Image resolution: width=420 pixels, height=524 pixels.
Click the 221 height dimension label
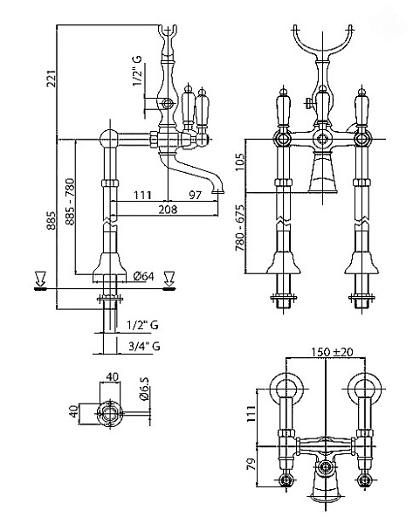(52, 78)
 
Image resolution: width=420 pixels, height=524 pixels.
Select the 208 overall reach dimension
(168, 210)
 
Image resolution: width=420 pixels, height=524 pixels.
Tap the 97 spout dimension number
(195, 195)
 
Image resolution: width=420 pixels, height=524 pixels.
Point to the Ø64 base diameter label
(144, 276)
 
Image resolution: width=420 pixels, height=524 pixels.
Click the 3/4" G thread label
(144, 346)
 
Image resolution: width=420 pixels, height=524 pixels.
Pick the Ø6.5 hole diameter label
(145, 389)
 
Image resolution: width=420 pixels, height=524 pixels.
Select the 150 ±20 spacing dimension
(332, 352)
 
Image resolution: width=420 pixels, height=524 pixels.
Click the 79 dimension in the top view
(251, 464)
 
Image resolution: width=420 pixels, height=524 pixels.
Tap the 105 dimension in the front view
(240, 162)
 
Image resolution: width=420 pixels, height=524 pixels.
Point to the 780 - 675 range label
(240, 228)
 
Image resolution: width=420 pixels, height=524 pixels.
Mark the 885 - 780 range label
(71, 202)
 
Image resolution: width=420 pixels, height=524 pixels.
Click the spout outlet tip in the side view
(218, 192)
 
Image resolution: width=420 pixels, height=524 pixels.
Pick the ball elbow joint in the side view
(109, 139)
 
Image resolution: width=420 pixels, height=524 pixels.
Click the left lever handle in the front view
(283, 107)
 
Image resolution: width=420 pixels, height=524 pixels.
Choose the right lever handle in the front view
(361, 107)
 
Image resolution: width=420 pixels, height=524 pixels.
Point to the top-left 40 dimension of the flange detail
(113, 376)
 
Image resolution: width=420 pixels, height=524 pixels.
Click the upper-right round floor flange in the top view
(364, 389)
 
